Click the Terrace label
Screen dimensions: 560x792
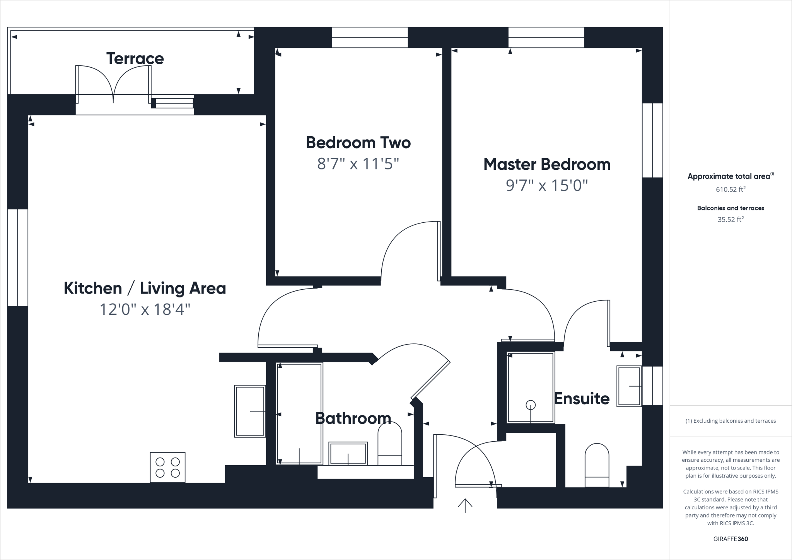click(x=135, y=58)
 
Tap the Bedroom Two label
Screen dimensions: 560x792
click(x=358, y=142)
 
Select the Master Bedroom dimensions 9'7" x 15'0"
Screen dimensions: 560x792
click(x=546, y=186)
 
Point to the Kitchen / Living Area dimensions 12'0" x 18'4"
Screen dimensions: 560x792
click(x=145, y=309)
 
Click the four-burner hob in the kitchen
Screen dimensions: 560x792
click(x=167, y=467)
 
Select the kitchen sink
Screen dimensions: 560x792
click(x=250, y=411)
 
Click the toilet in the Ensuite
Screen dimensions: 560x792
click(x=597, y=465)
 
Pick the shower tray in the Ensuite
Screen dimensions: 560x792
click(x=530, y=387)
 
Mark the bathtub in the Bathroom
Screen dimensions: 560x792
click(x=300, y=413)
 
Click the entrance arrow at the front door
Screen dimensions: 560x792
click(x=465, y=505)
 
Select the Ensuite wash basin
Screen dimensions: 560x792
click(x=629, y=386)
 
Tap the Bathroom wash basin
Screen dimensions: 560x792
click(x=348, y=453)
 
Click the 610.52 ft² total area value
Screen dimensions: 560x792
click(x=731, y=190)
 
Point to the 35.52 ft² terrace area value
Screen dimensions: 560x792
click(x=731, y=220)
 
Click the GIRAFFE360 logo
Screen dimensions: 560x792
click(x=731, y=539)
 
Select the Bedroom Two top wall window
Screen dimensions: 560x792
click(x=370, y=37)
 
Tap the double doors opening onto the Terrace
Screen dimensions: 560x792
click(x=113, y=84)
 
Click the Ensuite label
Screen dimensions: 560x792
click(x=582, y=398)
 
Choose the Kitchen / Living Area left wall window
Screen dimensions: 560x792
click(x=17, y=258)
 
